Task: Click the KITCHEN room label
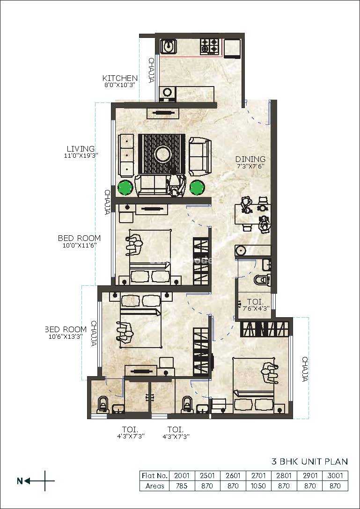120,78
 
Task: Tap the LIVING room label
81,149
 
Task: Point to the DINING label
250,159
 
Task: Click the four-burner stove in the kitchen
209,46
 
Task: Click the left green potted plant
125,187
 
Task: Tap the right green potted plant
197,187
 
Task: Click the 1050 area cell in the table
258,486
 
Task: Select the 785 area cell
182,486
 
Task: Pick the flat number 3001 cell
335,476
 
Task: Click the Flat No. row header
154,476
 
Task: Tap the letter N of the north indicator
20,481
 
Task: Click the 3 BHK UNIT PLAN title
309,461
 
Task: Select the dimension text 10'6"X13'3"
66,337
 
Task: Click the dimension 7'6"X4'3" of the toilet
254,308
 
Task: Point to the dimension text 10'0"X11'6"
79,246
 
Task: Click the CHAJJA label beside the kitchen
151,70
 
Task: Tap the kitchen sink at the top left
169,46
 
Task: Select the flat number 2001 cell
182,476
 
